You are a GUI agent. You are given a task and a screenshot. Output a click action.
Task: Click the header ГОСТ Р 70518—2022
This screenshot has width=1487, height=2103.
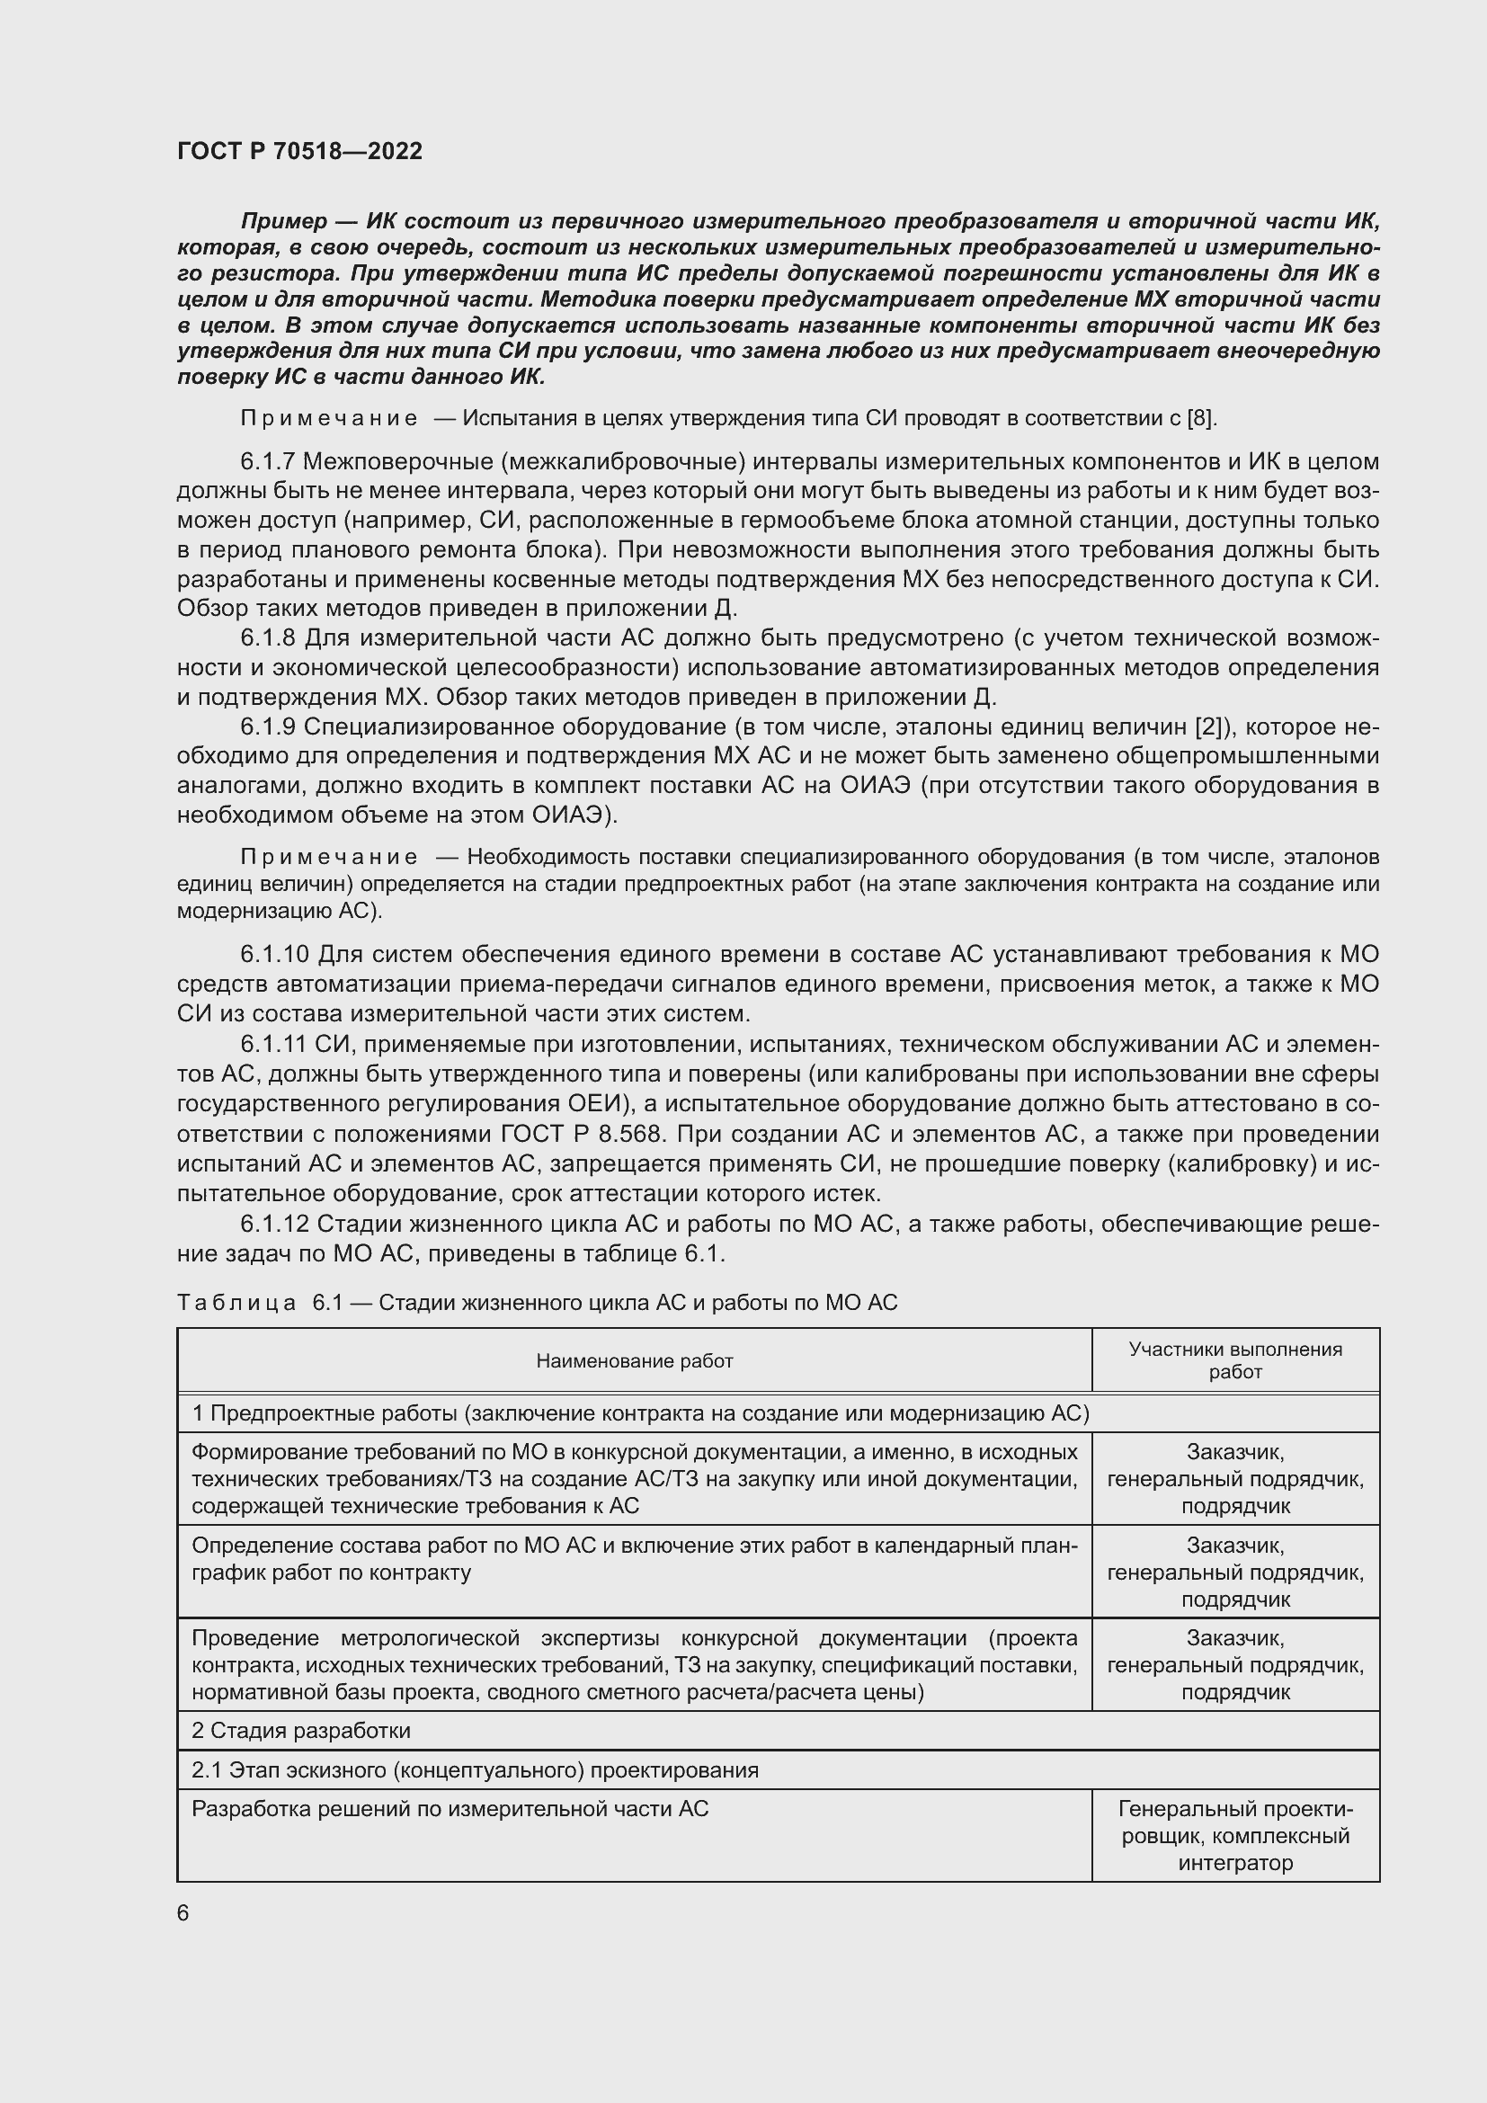click(x=299, y=151)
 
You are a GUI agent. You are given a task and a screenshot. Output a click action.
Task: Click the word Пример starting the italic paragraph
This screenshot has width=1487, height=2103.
click(x=284, y=222)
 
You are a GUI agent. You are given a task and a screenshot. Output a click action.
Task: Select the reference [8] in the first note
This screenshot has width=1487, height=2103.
click(x=1200, y=419)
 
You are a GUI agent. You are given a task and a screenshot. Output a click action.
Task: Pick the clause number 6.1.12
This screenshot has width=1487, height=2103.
click(x=275, y=1224)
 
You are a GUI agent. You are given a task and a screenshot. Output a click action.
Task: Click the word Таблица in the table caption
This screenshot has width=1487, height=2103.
click(x=236, y=1303)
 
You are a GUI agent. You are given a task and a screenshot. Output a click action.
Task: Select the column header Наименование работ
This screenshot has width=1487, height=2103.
click(x=634, y=1361)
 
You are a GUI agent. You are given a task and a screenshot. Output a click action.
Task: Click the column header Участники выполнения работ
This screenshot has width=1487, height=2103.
click(x=1234, y=1360)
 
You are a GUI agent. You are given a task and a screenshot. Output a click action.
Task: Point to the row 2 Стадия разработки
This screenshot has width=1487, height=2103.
click(x=301, y=1730)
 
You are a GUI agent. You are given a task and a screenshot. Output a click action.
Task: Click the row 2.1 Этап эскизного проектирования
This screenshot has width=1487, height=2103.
click(x=475, y=1769)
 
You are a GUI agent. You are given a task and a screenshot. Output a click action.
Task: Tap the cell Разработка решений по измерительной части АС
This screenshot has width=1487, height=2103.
click(x=450, y=1809)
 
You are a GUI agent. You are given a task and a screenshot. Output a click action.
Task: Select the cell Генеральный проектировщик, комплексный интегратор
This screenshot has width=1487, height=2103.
click(x=1234, y=1836)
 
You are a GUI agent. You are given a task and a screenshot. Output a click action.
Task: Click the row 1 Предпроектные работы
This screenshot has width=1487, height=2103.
click(x=640, y=1413)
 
